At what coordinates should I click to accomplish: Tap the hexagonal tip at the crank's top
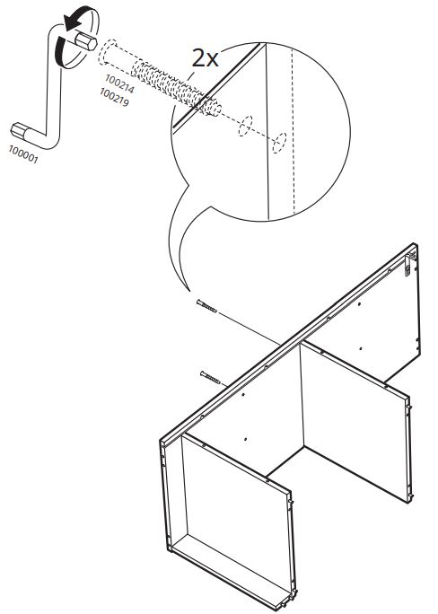coord(88,43)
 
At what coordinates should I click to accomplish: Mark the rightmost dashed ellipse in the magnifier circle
coord(281,140)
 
